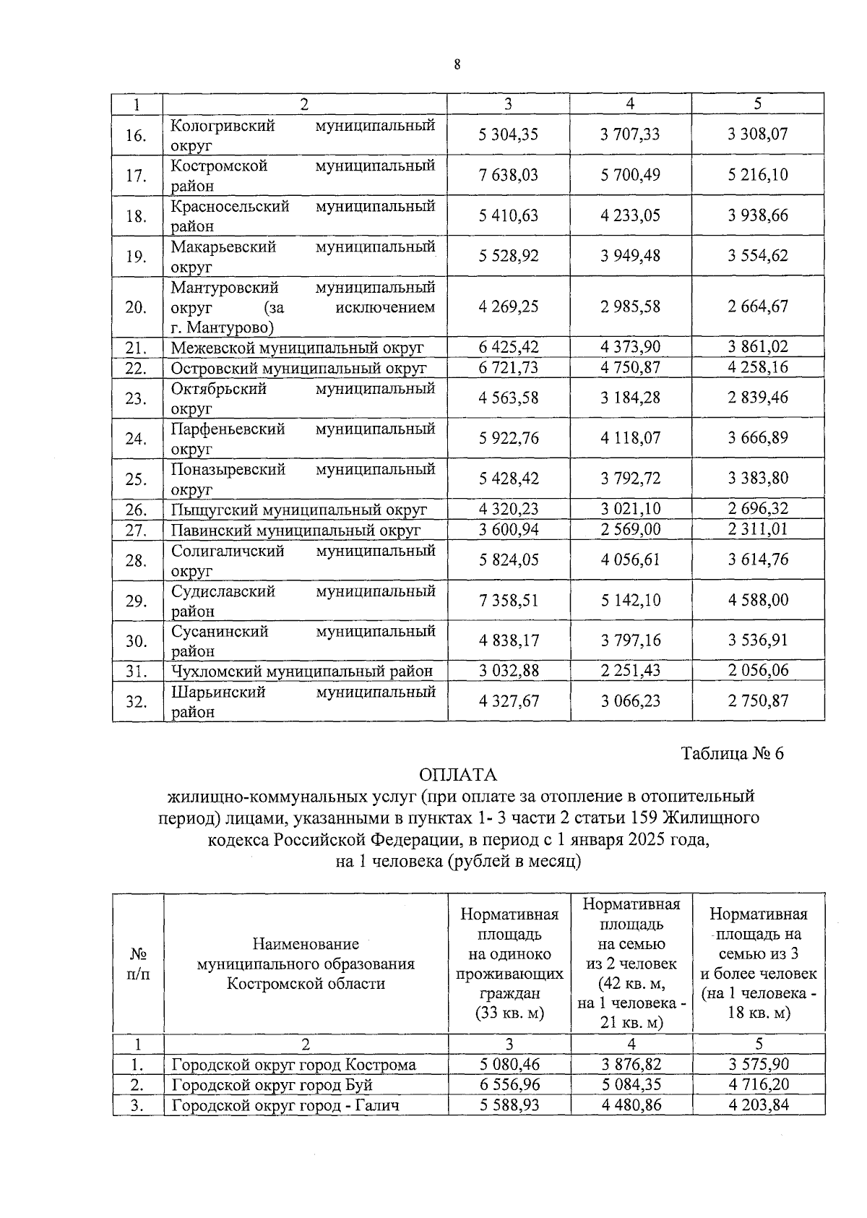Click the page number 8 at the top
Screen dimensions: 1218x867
coord(457,65)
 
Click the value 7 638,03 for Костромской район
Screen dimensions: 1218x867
coord(508,175)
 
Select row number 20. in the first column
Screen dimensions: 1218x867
coord(136,307)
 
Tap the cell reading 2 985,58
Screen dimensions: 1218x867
coord(630,306)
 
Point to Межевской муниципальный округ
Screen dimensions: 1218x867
coord(297,348)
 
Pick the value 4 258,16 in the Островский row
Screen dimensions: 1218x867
coord(757,367)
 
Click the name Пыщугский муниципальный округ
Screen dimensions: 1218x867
coord(299,510)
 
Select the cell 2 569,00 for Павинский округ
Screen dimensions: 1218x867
coord(630,529)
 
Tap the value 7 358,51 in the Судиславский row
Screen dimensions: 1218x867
coord(508,600)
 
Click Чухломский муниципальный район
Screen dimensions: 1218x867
coord(301,671)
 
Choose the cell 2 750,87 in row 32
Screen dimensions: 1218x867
coord(757,700)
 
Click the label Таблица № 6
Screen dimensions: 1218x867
coord(733,753)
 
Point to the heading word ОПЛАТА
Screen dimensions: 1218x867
coord(458,775)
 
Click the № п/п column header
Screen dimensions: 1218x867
coord(138,964)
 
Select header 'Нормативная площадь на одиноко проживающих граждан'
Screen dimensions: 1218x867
coord(509,964)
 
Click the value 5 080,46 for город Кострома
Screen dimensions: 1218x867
coord(509,1065)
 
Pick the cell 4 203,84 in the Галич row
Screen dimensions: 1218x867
coord(757,1105)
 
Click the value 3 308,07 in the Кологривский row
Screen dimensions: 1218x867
coord(757,134)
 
